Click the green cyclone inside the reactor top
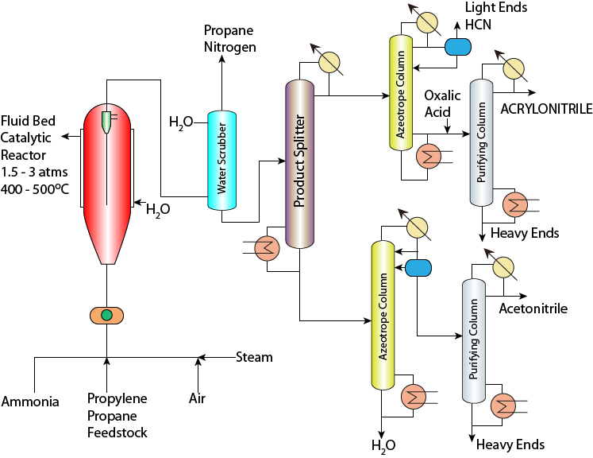point(106,120)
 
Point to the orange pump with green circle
point(106,316)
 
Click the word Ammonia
point(30,402)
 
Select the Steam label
point(254,357)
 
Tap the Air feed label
point(198,398)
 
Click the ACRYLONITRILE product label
point(546,109)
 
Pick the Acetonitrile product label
point(533,309)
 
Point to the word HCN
point(479,25)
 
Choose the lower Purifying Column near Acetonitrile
point(474,342)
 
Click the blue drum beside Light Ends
point(456,47)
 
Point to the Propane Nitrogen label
point(229,39)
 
